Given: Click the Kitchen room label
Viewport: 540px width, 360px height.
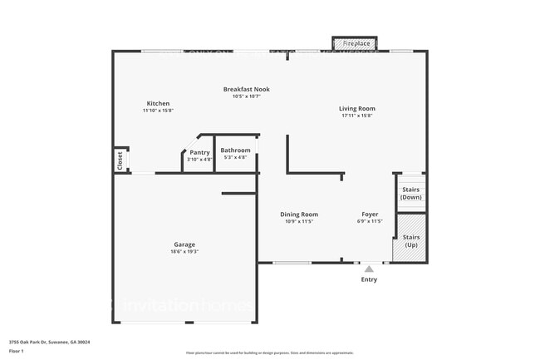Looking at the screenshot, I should pos(158,103).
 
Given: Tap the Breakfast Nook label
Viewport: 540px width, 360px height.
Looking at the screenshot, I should pos(246,89).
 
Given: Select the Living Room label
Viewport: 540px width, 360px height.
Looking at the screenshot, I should pos(356,108).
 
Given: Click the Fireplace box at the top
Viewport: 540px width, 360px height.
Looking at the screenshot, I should pos(356,43).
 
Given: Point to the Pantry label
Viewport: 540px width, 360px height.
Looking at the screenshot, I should pos(199,152).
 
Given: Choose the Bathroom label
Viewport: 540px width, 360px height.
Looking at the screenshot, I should pos(235,150).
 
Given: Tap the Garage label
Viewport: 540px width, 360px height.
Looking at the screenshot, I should pos(184,244).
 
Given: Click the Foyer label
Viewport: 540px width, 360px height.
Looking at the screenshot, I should pos(370,215).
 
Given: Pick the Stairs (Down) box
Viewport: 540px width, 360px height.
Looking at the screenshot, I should pos(411,193).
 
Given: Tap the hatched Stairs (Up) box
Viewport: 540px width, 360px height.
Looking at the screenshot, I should pos(411,240).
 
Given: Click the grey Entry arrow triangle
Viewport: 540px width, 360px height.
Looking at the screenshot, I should pos(369,269).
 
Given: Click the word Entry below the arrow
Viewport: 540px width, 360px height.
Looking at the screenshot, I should pos(369,279).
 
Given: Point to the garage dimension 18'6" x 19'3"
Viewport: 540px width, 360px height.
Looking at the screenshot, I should pos(184,252).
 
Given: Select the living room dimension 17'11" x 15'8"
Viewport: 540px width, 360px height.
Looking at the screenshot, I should pos(356,116).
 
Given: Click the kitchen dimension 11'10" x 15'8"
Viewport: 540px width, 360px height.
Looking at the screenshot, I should pos(158,111).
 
